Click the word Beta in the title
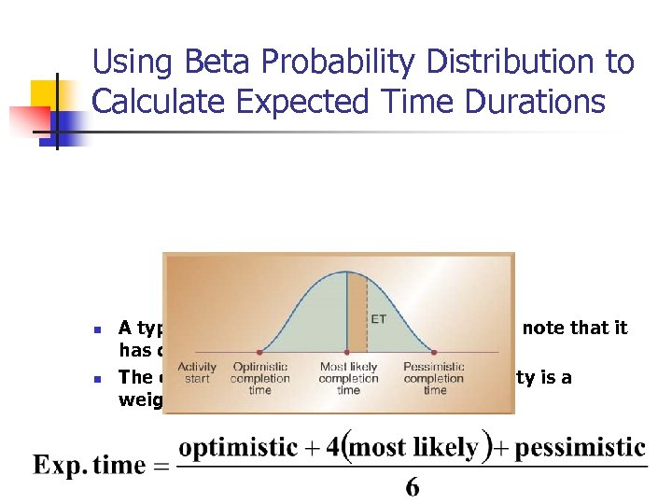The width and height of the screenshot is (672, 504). point(203,63)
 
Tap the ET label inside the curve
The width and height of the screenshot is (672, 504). point(379,319)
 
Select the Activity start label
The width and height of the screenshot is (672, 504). point(197,372)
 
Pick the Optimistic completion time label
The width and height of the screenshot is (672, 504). point(260,378)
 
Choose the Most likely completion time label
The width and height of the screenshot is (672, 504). point(348,378)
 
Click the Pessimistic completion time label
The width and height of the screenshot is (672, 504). point(434,378)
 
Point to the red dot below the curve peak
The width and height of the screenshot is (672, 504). point(348,352)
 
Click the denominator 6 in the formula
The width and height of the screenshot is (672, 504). point(412,487)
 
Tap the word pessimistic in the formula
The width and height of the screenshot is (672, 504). point(581,447)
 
